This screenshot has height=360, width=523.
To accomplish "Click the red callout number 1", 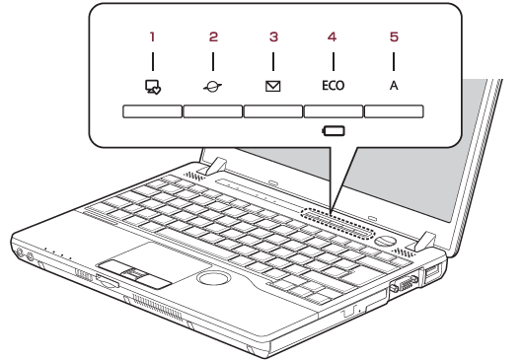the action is [x=152, y=36].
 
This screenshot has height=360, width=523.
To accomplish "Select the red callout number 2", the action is [x=213, y=36].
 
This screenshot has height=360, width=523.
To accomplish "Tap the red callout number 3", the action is [x=273, y=36].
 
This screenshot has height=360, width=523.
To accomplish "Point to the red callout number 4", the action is [x=332, y=36].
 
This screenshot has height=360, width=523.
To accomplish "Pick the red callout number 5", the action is [x=394, y=36].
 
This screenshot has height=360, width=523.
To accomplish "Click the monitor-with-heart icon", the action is [x=153, y=87].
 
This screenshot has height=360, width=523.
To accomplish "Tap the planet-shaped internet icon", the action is [x=213, y=87].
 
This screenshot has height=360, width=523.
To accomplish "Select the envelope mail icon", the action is [x=273, y=87].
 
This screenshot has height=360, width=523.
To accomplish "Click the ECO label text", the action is [x=334, y=86].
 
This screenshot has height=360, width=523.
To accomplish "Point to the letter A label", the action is [x=394, y=86].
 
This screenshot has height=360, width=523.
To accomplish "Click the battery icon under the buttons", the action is [x=334, y=130].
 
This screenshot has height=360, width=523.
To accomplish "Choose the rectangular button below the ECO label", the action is [x=334, y=111].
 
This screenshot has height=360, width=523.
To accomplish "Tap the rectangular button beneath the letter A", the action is [x=394, y=111].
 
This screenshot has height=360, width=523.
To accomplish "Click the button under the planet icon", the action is [x=213, y=111].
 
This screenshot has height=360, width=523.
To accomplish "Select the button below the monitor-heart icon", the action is [x=152, y=111].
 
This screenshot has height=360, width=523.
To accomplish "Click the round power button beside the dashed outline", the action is [x=385, y=241].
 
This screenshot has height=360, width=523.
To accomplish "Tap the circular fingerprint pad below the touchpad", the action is [x=214, y=278].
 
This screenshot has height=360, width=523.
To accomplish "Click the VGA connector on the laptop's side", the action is [x=405, y=284].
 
